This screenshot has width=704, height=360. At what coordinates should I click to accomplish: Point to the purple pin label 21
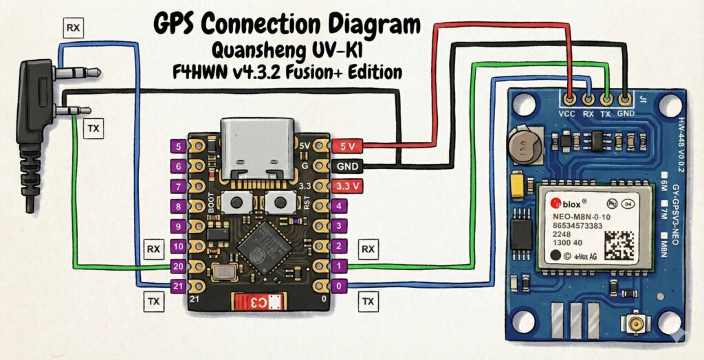[178, 286]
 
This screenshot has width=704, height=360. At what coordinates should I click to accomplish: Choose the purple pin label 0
[338, 286]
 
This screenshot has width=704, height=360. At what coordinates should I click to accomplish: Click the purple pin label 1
[338, 266]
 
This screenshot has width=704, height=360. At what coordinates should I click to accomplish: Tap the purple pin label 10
[178, 246]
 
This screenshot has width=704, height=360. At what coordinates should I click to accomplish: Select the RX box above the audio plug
[71, 28]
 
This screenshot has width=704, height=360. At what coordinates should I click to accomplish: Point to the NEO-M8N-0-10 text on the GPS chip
[582, 217]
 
